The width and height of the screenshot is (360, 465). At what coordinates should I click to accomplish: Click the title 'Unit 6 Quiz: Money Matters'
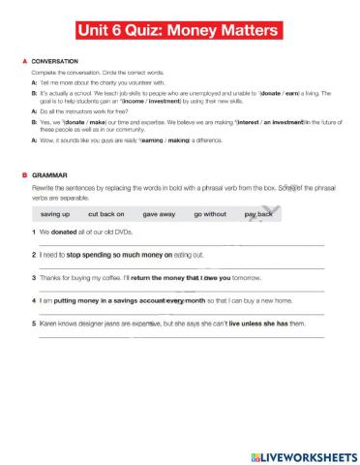[x=181, y=31]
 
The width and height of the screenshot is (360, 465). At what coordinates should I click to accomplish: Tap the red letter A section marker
[x=23, y=61]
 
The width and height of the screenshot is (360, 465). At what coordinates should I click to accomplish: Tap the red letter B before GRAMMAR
[x=23, y=175]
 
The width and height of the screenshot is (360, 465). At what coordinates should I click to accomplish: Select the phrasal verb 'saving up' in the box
[x=56, y=212]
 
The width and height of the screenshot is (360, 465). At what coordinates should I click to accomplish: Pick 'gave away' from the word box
[x=159, y=212]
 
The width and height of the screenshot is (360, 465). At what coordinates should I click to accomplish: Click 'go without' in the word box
[x=210, y=212]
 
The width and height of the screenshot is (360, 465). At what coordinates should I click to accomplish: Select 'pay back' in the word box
[x=258, y=212]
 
